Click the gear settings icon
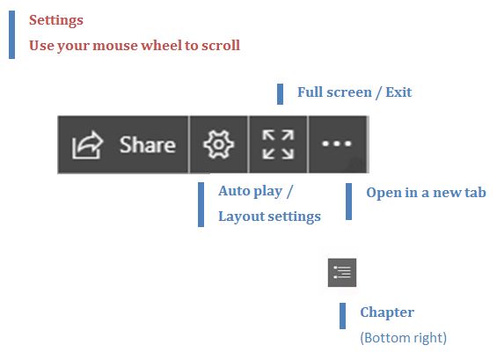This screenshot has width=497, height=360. point(218,144)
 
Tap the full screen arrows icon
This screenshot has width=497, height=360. point(278,144)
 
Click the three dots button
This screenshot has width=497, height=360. point(337,143)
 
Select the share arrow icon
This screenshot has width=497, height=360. point(87,144)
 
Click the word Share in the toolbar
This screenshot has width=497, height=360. point(148,144)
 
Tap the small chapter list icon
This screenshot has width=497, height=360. point(342,273)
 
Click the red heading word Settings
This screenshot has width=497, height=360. point(56,20)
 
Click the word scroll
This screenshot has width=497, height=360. point(221,45)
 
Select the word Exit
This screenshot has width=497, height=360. point(398,92)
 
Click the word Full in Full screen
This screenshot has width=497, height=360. point(310,92)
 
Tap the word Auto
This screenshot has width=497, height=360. point(234,191)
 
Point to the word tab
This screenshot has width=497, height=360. point(475,192)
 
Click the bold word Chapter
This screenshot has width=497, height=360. point(387,312)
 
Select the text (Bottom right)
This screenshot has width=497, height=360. point(404,338)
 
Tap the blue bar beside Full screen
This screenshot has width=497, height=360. point(280,94)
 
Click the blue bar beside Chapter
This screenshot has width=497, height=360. point(342,316)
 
